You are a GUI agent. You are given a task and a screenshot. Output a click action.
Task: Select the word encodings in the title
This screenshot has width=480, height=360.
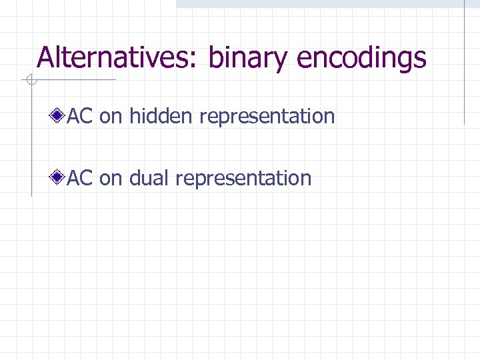pos(361,59)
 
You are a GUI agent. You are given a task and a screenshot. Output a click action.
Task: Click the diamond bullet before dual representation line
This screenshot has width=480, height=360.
pos(59,178)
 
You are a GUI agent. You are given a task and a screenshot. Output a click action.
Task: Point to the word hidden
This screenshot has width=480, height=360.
pos(161,117)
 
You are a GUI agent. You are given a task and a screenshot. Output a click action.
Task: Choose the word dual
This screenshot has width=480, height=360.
pos(149,178)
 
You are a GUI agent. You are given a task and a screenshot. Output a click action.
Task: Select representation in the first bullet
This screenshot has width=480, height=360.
pos(267,117)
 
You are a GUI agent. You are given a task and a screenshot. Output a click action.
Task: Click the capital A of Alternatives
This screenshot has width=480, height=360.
pos(47,57)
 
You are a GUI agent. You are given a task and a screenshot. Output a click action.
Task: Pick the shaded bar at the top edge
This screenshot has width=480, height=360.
pos(327,3)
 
